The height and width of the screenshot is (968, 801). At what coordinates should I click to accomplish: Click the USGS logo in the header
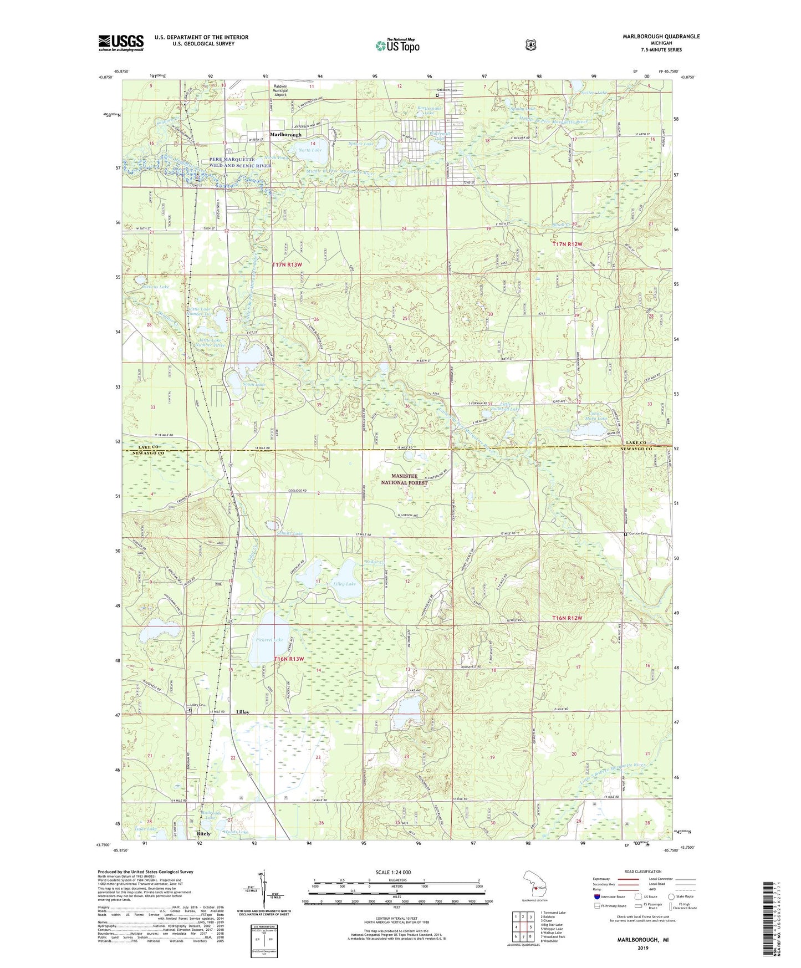(121, 43)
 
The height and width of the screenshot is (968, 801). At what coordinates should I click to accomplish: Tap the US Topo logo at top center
(397, 45)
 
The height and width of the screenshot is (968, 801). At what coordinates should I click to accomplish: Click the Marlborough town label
(286, 135)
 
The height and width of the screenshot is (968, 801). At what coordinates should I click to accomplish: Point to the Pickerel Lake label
(270, 640)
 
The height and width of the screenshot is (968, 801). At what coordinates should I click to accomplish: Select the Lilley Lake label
(344, 584)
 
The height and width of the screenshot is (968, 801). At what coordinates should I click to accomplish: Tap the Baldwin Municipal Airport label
(281, 90)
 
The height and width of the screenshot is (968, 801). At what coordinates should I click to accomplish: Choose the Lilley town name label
(242, 712)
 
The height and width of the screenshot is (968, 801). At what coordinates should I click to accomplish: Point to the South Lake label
(253, 384)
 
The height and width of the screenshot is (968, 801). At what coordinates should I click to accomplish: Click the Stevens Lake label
(155, 287)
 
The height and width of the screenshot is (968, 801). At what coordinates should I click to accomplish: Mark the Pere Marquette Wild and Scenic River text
(241, 162)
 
